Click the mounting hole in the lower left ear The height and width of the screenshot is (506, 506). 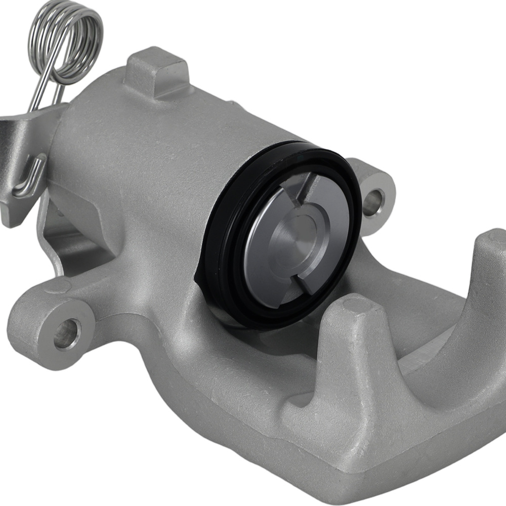tap(67, 334)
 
